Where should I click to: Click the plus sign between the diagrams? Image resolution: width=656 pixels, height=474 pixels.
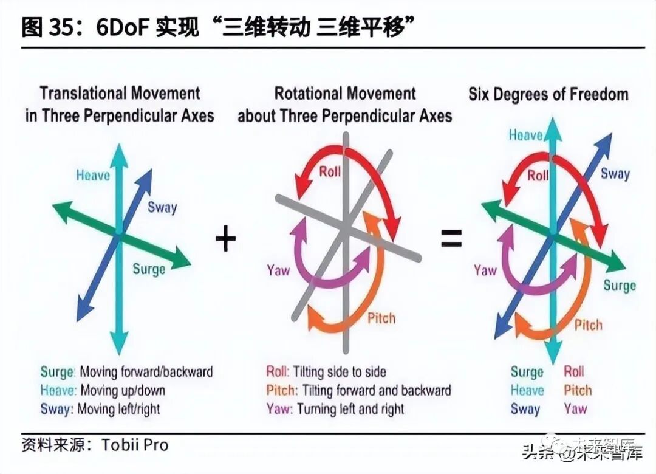pyautogui.click(x=225, y=239)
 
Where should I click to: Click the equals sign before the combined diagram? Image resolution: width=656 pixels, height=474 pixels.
pyautogui.click(x=451, y=239)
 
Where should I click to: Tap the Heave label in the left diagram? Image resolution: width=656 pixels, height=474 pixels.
pyautogui.click(x=93, y=176)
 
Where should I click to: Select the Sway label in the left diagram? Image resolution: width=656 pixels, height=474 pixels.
pyautogui.click(x=162, y=207)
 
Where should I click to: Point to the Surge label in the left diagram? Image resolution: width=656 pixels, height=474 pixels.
pyautogui.click(x=149, y=269)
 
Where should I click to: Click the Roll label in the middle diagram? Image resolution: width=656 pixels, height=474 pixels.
pyautogui.click(x=330, y=171)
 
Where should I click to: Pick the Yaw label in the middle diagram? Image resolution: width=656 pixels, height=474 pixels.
pyautogui.click(x=278, y=270)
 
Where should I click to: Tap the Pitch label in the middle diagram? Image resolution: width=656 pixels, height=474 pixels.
pyautogui.click(x=381, y=318)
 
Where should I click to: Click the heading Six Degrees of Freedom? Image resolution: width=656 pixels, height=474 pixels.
pyautogui.click(x=548, y=94)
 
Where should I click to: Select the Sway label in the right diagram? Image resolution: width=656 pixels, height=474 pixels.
pyautogui.click(x=615, y=174)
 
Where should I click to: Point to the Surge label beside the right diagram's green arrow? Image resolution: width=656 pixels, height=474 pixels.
pyautogui.click(x=619, y=285)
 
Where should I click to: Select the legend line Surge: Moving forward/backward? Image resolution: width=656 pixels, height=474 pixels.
pyautogui.click(x=126, y=371)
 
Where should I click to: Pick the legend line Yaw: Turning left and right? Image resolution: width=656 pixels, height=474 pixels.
pyautogui.click(x=335, y=409)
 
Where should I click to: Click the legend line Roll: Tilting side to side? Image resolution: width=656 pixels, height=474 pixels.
pyautogui.click(x=326, y=371)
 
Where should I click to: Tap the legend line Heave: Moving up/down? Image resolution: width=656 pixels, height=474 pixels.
pyautogui.click(x=103, y=390)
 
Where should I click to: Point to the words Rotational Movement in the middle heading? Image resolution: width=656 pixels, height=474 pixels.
pyautogui.click(x=345, y=94)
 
